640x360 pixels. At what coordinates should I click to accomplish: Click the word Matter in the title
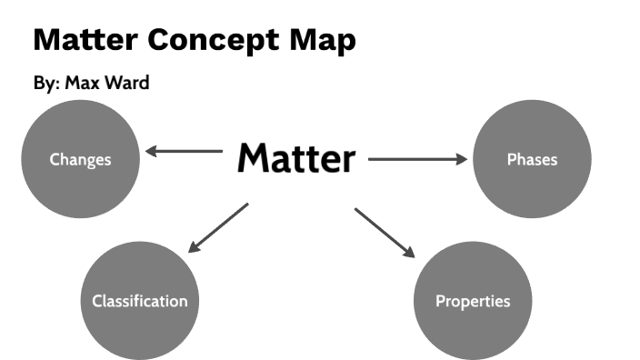(x=85, y=39)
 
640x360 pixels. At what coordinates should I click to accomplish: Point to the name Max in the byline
(x=83, y=84)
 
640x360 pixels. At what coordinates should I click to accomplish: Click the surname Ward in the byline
(x=127, y=84)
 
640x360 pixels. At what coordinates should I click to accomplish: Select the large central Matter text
(x=295, y=159)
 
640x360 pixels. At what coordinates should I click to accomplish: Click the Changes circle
(x=80, y=159)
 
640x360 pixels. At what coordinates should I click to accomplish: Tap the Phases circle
(x=532, y=159)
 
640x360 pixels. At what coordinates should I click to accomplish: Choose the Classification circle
(x=139, y=301)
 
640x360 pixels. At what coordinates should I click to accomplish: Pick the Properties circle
(x=473, y=301)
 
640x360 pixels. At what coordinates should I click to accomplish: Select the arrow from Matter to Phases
(x=418, y=160)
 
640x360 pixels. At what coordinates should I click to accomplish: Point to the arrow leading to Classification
(x=217, y=227)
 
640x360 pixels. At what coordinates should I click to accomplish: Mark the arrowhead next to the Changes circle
(x=153, y=151)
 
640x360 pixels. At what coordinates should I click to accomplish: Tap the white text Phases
(x=532, y=159)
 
